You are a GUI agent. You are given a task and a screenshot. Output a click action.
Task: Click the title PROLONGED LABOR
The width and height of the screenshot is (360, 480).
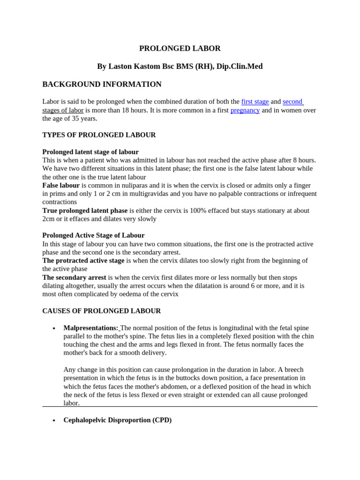tap(180, 48)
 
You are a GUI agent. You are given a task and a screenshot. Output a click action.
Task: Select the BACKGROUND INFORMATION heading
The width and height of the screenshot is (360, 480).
tap(102, 84)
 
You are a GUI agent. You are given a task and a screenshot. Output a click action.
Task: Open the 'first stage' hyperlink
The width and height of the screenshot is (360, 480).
tap(255, 102)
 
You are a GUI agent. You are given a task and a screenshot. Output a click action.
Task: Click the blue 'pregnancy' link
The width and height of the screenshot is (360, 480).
tap(245, 110)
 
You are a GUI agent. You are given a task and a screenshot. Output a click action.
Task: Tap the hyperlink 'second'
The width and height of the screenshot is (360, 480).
tap(292, 102)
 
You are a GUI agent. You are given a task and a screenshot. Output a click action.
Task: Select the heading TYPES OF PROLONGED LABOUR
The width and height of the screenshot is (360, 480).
tap(99, 135)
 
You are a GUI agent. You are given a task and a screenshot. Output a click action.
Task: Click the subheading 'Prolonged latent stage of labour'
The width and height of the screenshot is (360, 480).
tap(90, 152)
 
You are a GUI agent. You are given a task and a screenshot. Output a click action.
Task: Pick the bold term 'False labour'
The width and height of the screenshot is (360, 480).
tap(61, 186)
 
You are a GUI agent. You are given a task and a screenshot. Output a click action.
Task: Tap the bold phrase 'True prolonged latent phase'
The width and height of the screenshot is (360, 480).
tap(85, 211)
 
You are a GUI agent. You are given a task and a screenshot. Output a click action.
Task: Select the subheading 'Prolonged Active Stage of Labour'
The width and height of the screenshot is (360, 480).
tap(93, 235)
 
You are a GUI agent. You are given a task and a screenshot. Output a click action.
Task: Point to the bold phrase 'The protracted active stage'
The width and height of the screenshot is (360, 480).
tap(83, 261)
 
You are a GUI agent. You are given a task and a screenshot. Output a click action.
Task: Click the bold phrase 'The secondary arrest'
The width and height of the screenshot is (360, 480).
tap(74, 277)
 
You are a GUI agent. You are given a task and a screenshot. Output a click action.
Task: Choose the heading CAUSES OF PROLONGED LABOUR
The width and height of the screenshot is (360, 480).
tap(101, 311)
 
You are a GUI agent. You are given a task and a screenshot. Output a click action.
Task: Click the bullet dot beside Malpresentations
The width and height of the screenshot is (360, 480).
tap(54, 328)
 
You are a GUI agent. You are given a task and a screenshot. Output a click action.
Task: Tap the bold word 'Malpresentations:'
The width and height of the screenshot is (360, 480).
tap(91, 328)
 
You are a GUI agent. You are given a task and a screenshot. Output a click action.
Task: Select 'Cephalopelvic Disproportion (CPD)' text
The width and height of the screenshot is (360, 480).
tap(118, 420)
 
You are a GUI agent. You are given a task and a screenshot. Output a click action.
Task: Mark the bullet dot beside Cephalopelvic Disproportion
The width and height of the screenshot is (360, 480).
tap(54, 420)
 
